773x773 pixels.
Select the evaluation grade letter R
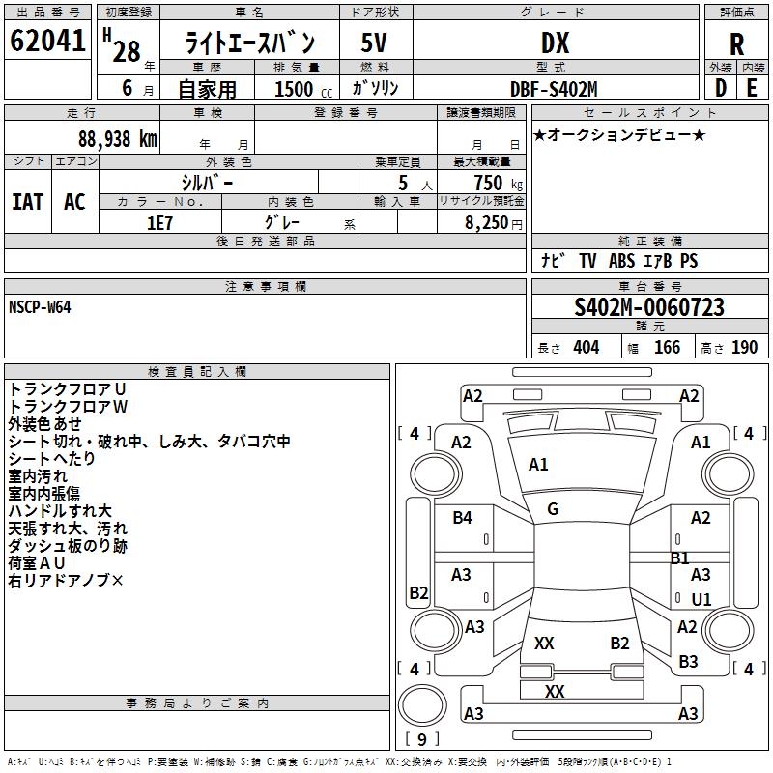tap(736, 43)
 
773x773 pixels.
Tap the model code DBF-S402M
tap(554, 89)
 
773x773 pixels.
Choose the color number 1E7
tap(159, 221)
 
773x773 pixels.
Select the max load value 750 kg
tap(487, 184)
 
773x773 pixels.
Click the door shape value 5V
tap(375, 43)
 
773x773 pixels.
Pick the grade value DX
tap(554, 43)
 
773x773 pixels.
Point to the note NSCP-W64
tap(40, 306)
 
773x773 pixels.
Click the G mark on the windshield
tap(553, 509)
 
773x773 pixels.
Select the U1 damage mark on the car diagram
tap(701, 599)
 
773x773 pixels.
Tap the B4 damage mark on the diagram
tap(463, 518)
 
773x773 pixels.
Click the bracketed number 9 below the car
tap(421, 739)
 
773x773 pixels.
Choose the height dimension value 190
tap(745, 347)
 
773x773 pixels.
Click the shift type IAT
tap(28, 202)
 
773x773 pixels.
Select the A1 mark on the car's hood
tap(538, 465)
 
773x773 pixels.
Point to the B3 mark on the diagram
tap(688, 661)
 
